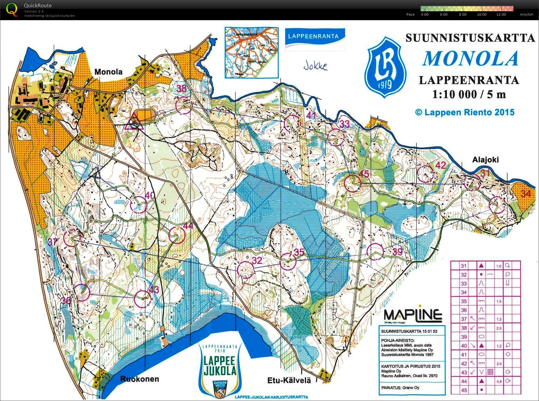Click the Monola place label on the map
tap(108, 72)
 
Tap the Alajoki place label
tap(485, 160)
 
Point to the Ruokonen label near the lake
tap(139, 379)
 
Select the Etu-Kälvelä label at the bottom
tap(289, 380)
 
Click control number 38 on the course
tap(181, 89)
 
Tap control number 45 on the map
tap(364, 174)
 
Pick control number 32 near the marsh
tap(257, 260)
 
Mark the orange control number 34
tap(525, 193)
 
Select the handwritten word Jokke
tap(315, 66)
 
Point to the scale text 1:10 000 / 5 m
tap(469, 94)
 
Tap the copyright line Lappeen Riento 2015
tap(465, 112)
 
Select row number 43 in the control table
tap(464, 372)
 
